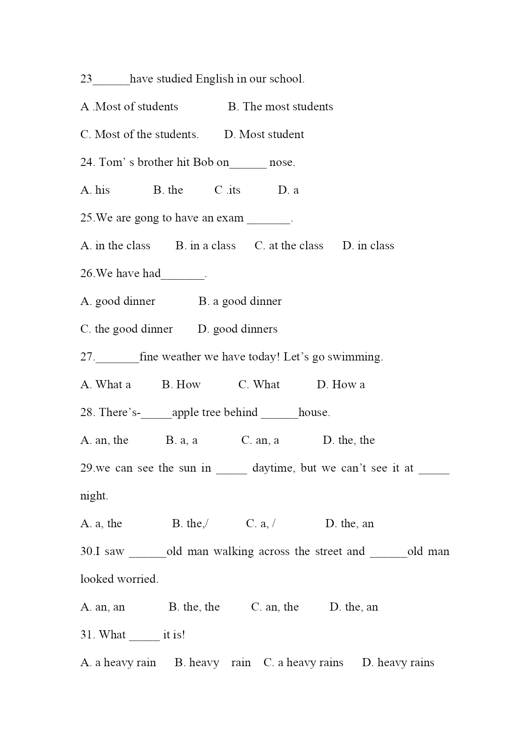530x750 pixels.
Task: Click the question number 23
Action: pos(86,79)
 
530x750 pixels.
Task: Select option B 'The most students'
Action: pos(280,107)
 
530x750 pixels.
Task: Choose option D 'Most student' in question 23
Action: pos(264,135)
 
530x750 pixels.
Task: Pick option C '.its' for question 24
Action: pos(227,190)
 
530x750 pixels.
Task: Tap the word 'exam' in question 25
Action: pos(230,218)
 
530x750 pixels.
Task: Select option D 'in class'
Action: pos(368,246)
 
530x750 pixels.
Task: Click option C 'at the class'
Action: pos(289,246)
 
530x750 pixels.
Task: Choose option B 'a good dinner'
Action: pos(240,301)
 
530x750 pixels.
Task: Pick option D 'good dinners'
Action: pos(237,329)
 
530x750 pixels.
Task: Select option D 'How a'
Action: pos(341,385)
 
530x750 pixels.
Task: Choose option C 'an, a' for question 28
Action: pos(260,440)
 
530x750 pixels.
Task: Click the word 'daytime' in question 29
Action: pos(272,468)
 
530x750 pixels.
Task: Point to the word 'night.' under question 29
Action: pos(94,496)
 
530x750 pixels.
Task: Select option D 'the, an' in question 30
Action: pos(354,607)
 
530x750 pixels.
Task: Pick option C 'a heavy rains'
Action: pos(303,663)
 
